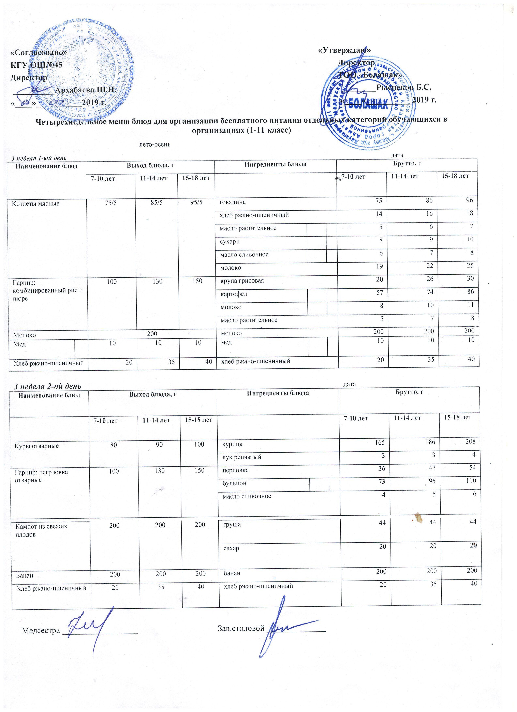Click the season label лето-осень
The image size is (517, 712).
[x=155, y=145]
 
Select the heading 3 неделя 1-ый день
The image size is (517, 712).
[x=39, y=158]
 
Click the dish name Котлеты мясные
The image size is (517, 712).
[x=35, y=203]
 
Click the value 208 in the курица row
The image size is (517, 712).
[x=471, y=441]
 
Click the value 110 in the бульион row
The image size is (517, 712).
[x=471, y=480]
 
